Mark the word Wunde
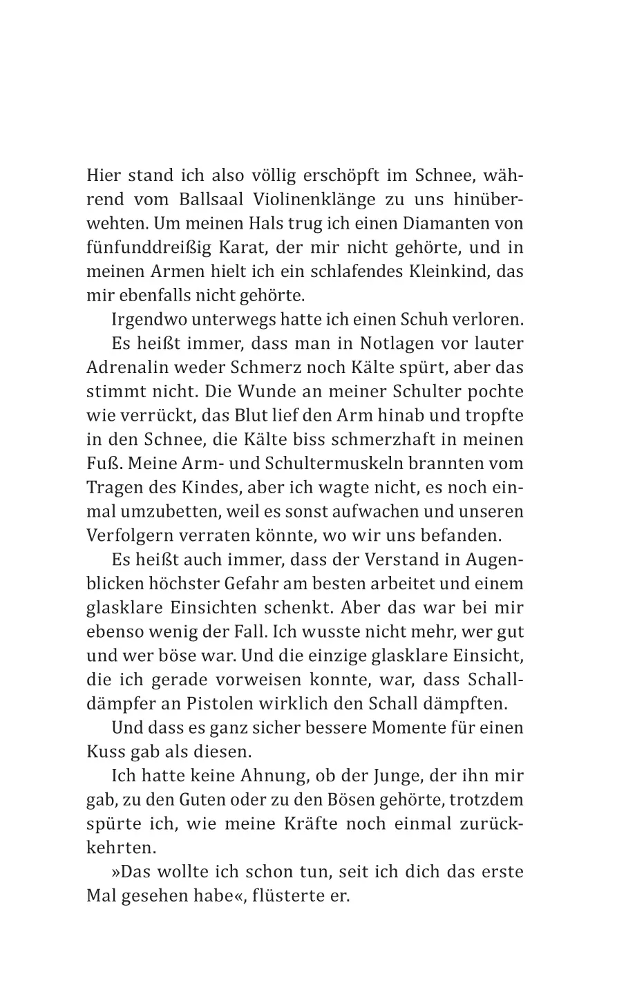pos(263,392)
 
